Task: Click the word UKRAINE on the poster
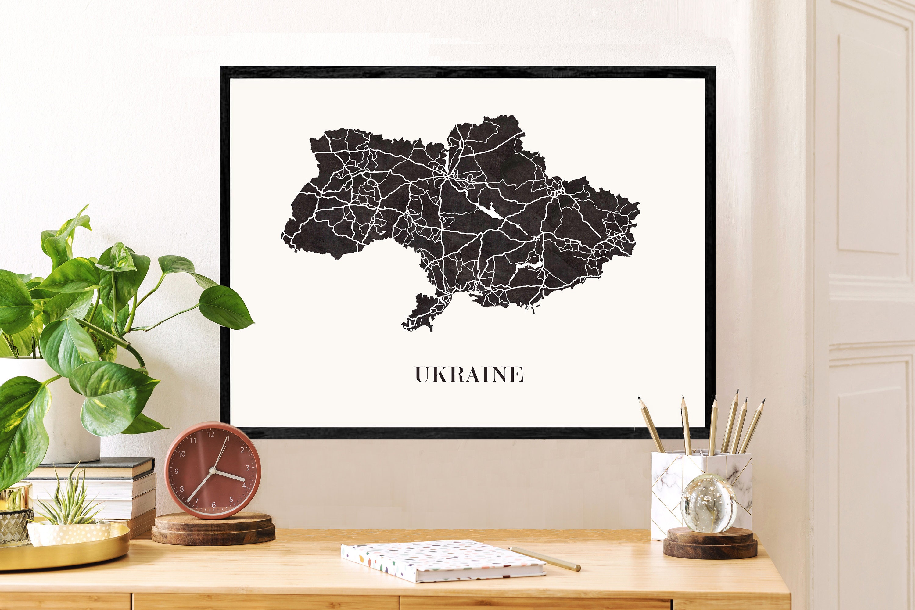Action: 469,374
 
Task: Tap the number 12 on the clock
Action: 210,434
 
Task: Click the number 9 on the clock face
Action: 177,471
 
